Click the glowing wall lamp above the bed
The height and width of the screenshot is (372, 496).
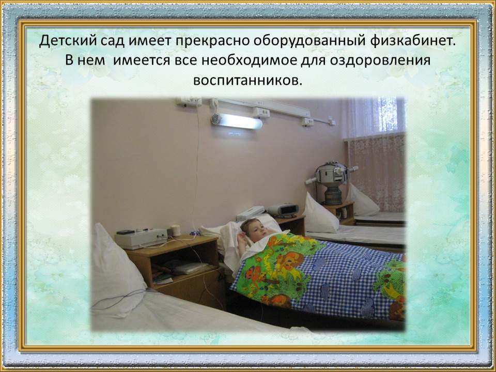coord(237,120)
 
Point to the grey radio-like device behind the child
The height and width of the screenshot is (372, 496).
coord(283,210)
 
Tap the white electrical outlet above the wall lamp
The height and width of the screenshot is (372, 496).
coord(260,112)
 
